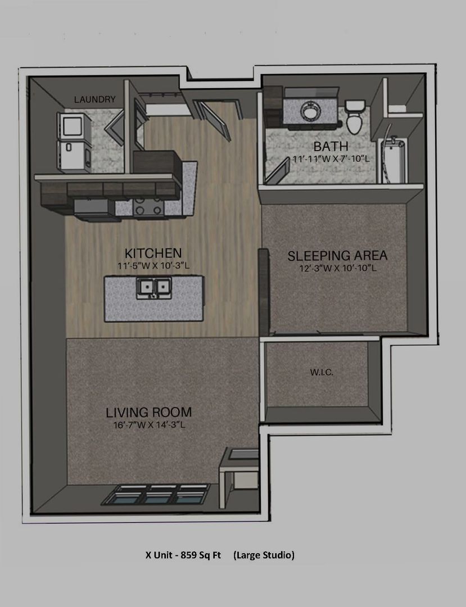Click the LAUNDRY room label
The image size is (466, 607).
95,99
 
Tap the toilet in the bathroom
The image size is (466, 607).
355,117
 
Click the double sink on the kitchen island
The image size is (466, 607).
153,288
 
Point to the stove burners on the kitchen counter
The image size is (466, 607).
147,209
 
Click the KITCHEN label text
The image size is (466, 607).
153,253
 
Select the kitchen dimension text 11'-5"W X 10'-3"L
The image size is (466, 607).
153,266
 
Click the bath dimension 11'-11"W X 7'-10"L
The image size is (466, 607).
331,159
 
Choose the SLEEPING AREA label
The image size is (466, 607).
337,256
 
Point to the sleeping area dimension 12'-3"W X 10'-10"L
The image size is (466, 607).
338,268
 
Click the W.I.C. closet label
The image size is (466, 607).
322,373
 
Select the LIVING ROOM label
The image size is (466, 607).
149,413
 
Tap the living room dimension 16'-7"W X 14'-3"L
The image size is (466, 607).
150,425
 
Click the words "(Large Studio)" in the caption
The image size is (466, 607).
264,555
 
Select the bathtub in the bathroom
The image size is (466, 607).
392,160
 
